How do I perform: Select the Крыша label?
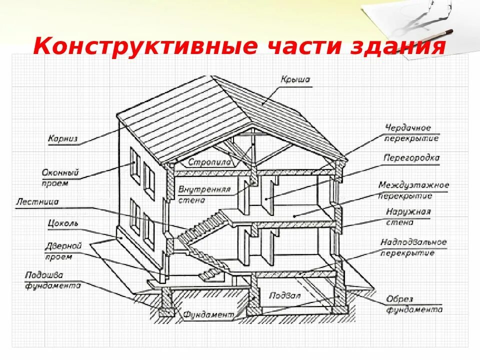pos(295,79)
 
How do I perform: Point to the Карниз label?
pos(63,139)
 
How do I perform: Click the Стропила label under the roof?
pos(209,162)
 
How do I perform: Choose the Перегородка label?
pos(411,158)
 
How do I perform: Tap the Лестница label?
pos(37,202)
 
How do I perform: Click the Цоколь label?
pos(62,223)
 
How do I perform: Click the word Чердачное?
pos(408,128)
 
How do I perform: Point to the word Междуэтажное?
pos(413,185)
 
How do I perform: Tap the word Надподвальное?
pos(413,242)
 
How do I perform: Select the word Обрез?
pos(399,299)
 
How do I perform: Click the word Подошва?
pos(44,275)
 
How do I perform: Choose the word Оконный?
pos(60,173)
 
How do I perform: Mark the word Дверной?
pos(63,246)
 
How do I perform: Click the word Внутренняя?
pos(204,189)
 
